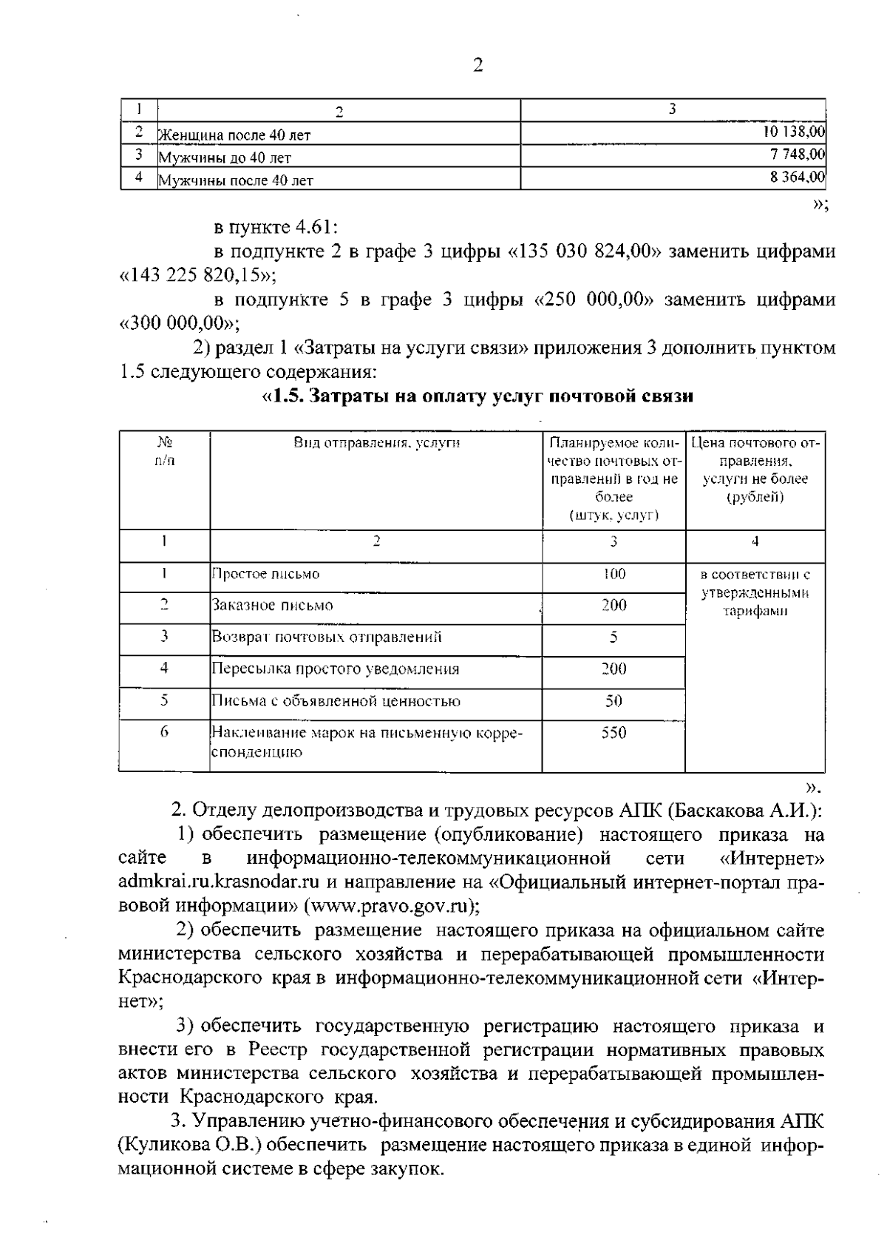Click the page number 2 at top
coord(478,66)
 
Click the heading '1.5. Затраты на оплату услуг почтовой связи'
coord(478,397)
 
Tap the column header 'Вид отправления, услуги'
coord(376,443)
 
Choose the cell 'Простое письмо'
coord(266,574)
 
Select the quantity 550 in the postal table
coord(614,733)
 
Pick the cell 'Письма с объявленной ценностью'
coord(336,701)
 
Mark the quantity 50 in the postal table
coord(614,701)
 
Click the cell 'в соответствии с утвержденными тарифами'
coord(755,592)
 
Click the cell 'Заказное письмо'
coord(273,606)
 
